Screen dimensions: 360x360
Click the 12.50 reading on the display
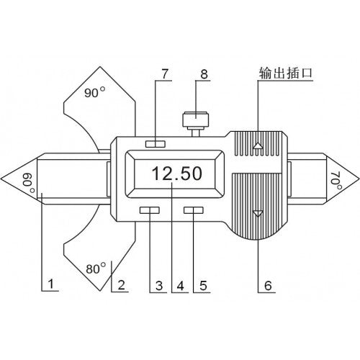pyautogui.click(x=177, y=174)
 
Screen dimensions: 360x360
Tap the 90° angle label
pyautogui.click(x=95, y=92)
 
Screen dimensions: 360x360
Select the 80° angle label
pyautogui.click(x=96, y=269)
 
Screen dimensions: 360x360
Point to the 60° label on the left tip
pyautogui.click(x=29, y=183)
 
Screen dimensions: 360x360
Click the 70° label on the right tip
pyautogui.click(x=336, y=180)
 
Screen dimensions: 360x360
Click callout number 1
pyautogui.click(x=50, y=284)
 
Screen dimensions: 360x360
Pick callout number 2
pyautogui.click(x=121, y=285)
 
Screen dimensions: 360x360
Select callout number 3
pyautogui.click(x=159, y=286)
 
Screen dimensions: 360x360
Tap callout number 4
pyautogui.click(x=180, y=286)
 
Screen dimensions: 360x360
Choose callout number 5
pyautogui.click(x=203, y=286)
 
